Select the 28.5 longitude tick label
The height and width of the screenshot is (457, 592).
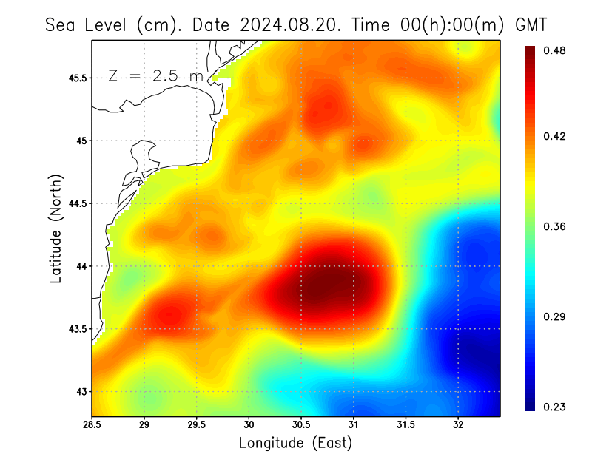click(x=92, y=425)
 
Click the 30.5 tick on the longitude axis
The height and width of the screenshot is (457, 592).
click(x=301, y=425)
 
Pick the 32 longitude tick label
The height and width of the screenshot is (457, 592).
click(x=458, y=425)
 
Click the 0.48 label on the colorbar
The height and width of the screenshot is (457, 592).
click(x=556, y=50)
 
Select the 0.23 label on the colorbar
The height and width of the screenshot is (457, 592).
click(x=556, y=407)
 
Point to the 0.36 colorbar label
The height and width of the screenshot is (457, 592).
click(x=556, y=226)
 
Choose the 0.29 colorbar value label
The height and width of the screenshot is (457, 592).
click(x=556, y=316)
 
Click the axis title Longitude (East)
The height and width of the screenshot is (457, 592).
click(x=295, y=443)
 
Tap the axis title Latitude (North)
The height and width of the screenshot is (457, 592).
click(x=55, y=229)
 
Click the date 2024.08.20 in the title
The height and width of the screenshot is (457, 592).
click(x=292, y=25)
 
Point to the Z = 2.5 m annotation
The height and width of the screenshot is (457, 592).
click(x=155, y=75)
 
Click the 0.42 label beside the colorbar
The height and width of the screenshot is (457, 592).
click(x=556, y=136)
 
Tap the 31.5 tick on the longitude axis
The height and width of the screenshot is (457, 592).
click(x=406, y=425)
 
